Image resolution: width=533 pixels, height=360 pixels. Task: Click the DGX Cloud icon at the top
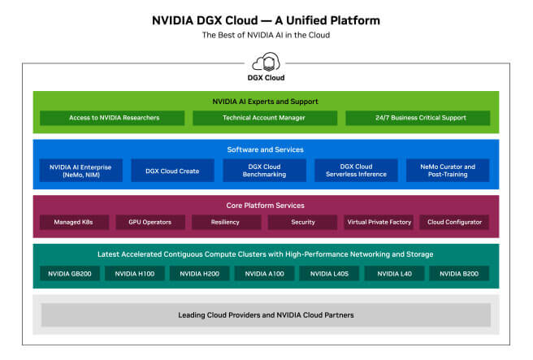[x=266, y=63]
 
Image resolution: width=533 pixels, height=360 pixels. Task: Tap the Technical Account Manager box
[x=266, y=118]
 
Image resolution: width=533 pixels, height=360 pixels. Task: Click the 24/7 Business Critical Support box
[x=418, y=118]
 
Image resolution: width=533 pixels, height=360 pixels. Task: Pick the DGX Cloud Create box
[x=171, y=171]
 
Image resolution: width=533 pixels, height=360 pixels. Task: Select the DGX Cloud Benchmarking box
[x=266, y=171]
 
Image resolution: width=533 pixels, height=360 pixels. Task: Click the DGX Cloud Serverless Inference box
[x=357, y=171]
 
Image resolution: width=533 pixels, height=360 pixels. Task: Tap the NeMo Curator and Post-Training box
[x=448, y=171]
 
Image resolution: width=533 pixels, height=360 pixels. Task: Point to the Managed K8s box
[x=74, y=222]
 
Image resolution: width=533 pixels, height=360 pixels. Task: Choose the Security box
[x=302, y=222]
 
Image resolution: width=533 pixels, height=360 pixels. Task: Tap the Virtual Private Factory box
[x=379, y=222]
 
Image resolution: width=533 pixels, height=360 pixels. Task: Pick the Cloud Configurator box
[x=453, y=222]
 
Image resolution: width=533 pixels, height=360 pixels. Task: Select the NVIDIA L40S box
[x=329, y=274]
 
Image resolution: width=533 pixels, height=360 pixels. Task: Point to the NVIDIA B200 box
[x=459, y=274]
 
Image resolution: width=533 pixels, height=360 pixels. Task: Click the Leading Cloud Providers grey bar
[x=266, y=314]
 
